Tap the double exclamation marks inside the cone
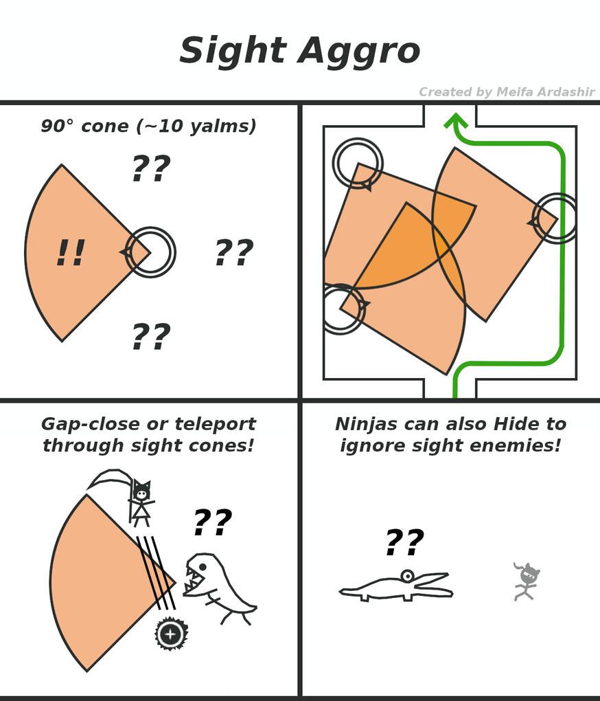pyautogui.click(x=70, y=253)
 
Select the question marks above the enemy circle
pyautogui.click(x=150, y=168)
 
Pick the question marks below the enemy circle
pyautogui.click(x=150, y=337)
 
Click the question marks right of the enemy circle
pyautogui.click(x=233, y=253)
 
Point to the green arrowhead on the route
pyautogui.click(x=456, y=122)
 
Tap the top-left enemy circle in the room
pyautogui.click(x=357, y=163)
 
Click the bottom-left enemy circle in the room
pyautogui.click(x=341, y=309)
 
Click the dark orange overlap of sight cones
pyautogui.click(x=412, y=247)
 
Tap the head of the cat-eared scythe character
pyautogui.click(x=141, y=492)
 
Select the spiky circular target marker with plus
pyautogui.click(x=171, y=634)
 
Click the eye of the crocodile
pyautogui.click(x=407, y=575)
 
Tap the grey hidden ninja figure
pyautogui.click(x=527, y=581)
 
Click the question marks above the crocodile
pyautogui.click(x=404, y=543)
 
